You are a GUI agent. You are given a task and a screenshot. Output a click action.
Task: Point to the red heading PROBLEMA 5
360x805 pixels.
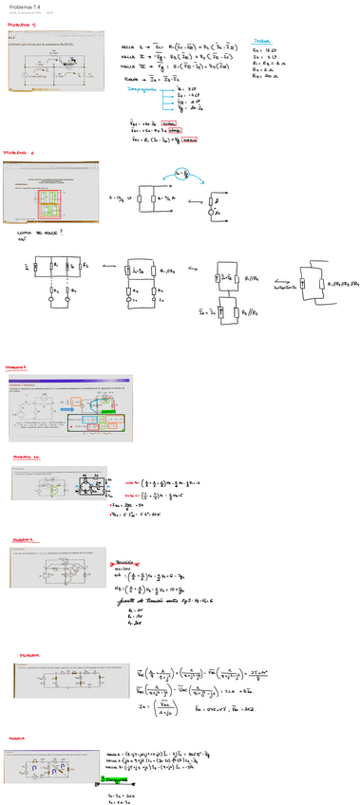pyautogui.click(x=19, y=365)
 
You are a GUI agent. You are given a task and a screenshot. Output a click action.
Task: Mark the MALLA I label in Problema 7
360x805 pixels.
pyautogui.click(x=129, y=45)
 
